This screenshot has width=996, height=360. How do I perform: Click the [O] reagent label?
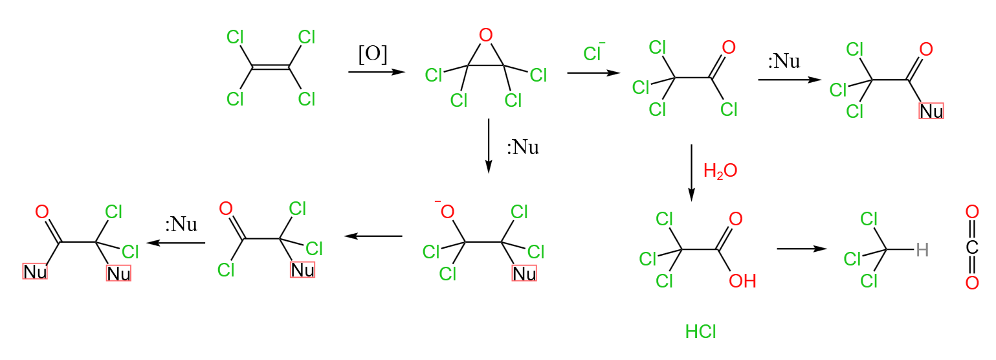(373, 54)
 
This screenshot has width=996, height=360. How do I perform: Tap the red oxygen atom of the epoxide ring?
(486, 35)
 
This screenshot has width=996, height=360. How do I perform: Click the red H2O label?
(720, 171)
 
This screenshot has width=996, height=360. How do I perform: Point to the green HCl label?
(701, 332)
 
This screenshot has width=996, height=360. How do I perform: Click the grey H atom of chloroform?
(922, 250)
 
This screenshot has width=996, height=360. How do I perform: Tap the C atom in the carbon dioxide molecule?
(972, 247)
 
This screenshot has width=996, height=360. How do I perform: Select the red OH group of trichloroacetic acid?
(742, 281)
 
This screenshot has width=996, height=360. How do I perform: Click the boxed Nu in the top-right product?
(931, 111)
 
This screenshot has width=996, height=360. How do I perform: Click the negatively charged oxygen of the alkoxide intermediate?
(447, 211)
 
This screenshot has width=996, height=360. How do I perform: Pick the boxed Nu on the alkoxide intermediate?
(524, 273)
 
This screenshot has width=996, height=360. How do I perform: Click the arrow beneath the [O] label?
(377, 72)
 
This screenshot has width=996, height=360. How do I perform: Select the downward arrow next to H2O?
(691, 173)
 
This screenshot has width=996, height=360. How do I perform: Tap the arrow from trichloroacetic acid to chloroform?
(802, 249)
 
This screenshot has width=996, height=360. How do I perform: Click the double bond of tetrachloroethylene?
(271, 67)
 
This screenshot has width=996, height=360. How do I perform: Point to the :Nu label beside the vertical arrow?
(523, 147)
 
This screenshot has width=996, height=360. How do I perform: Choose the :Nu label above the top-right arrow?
(784, 61)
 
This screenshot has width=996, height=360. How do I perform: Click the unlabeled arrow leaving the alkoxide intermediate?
(373, 236)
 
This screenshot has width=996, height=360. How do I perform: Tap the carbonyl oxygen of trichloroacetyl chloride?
(729, 48)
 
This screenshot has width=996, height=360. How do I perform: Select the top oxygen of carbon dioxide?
(972, 212)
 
